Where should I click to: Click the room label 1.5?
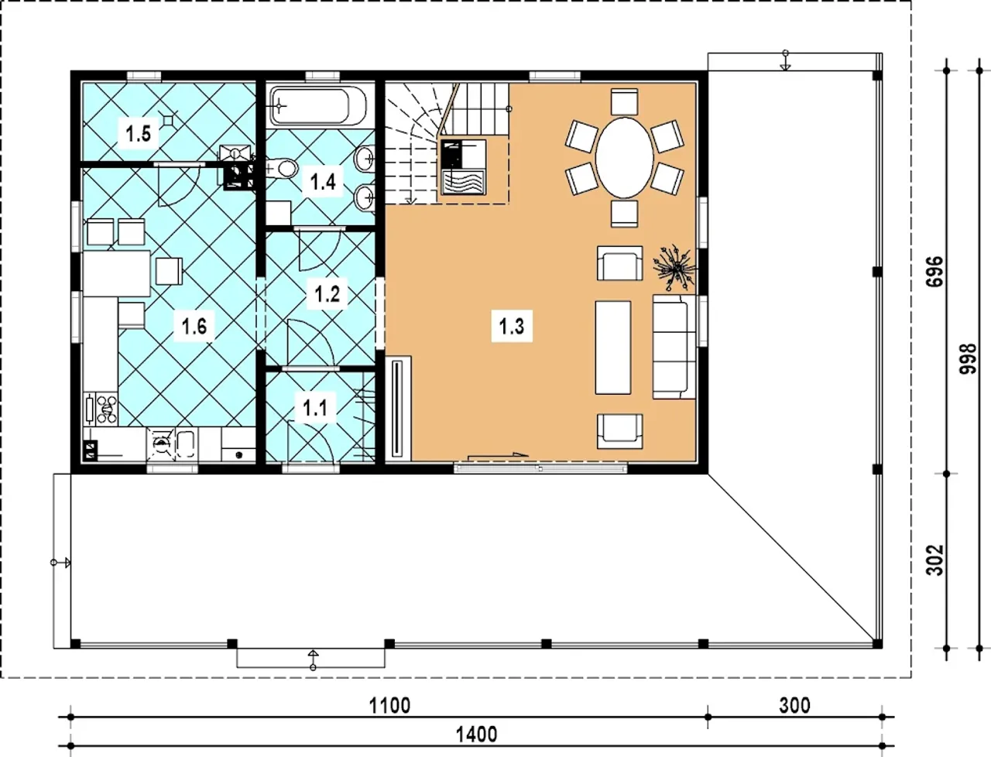click(138, 134)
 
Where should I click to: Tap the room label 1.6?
click(194, 326)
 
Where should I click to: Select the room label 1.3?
click(512, 326)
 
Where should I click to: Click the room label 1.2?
click(327, 294)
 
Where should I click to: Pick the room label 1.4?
click(324, 182)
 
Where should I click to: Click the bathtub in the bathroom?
click(318, 106)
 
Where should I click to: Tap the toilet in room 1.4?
click(282, 169)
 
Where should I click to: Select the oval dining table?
click(624, 158)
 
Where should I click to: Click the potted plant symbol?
click(675, 268)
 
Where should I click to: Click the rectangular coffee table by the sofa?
click(612, 348)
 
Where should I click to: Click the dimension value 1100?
click(389, 706)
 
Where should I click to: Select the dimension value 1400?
click(476, 735)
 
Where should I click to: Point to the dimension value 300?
click(794, 706)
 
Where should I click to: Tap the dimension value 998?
click(968, 359)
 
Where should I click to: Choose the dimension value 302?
click(934, 560)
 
